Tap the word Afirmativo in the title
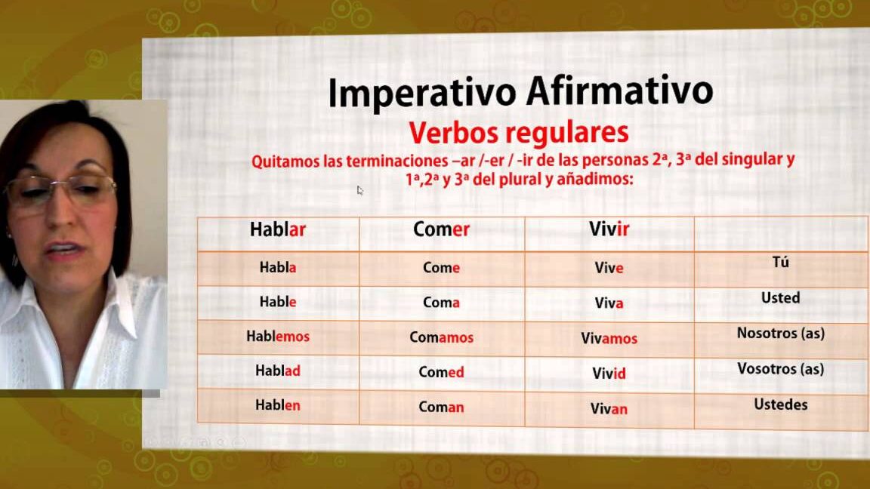tap(620, 90)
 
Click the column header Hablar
tap(277, 229)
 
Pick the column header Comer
tap(441, 229)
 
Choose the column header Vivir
tap(609, 229)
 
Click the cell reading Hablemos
tap(278, 337)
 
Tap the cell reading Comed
tap(441, 372)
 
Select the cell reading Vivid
tap(609, 373)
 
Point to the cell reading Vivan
tap(609, 408)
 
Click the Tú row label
tap(780, 262)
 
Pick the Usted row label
tap(780, 298)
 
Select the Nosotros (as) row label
tap(780, 334)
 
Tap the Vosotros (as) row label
tap(780, 369)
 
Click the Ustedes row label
tap(780, 404)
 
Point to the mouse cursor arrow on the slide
tap(360, 191)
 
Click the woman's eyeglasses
tap(61, 189)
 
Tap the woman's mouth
tap(62, 250)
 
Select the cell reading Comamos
tap(441, 337)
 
